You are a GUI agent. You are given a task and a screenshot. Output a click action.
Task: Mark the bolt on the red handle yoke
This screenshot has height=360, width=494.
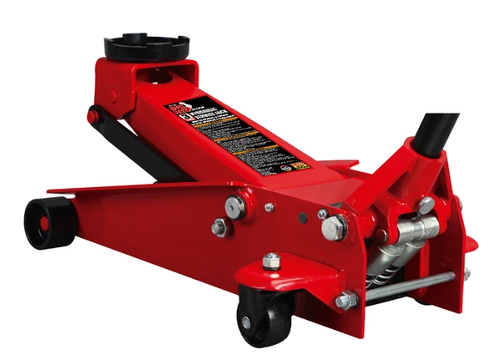426,204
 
